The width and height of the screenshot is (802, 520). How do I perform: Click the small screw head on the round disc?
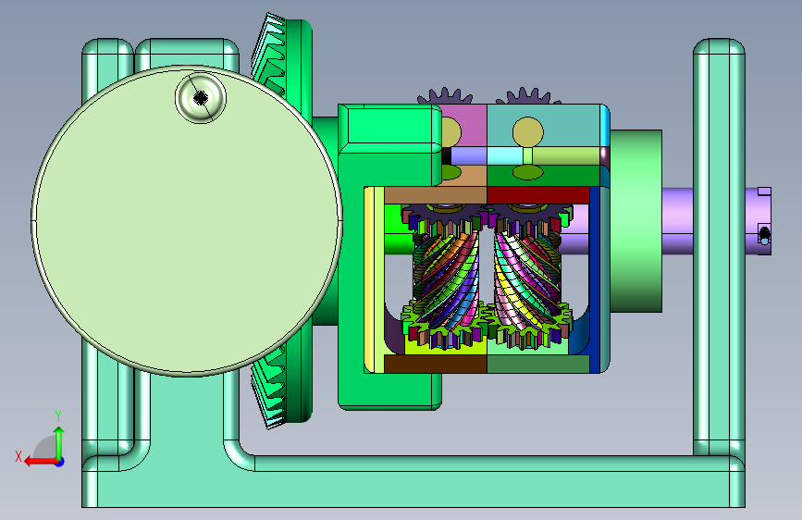pyautogui.click(x=201, y=98)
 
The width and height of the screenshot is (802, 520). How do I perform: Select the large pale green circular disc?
pyautogui.click(x=187, y=220)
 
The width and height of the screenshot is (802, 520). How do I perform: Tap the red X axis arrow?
pyautogui.click(x=42, y=462)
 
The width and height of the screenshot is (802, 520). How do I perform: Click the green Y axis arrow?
pyautogui.click(x=59, y=444)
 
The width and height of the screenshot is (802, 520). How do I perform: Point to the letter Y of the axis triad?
pyautogui.click(x=58, y=416)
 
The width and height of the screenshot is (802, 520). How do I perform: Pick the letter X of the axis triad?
pyautogui.click(x=19, y=456)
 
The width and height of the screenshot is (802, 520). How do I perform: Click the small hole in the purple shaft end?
pyautogui.click(x=764, y=235)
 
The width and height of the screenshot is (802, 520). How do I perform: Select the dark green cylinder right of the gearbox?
pyautogui.click(x=635, y=220)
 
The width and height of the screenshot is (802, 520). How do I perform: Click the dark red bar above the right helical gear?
pyautogui.click(x=538, y=194)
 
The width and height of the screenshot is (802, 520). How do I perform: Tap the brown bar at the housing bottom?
pyautogui.click(x=436, y=364)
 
